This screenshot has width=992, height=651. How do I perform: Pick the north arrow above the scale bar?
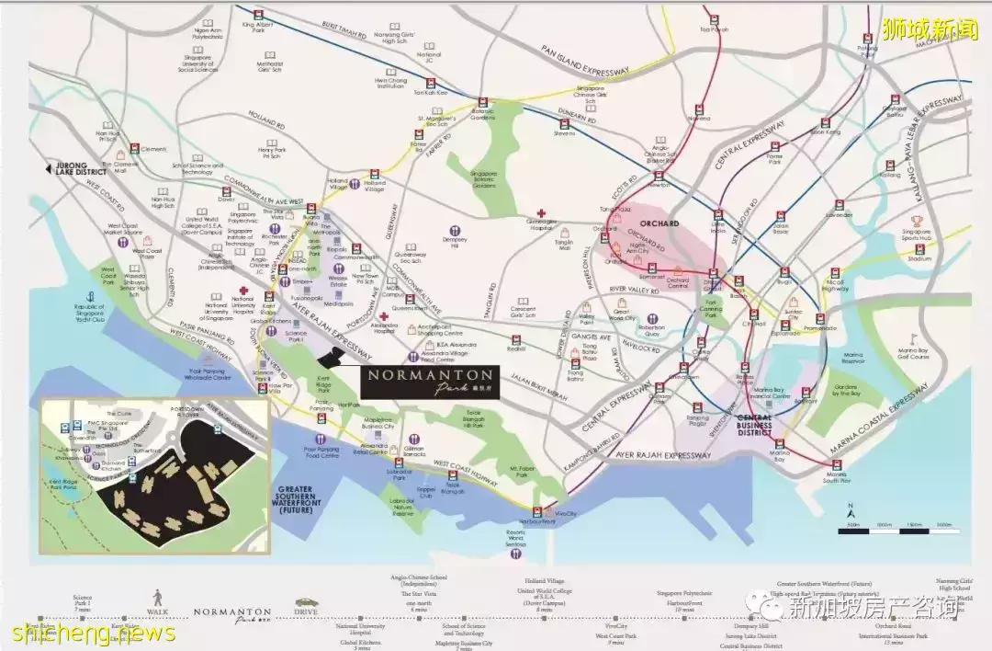851,508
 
